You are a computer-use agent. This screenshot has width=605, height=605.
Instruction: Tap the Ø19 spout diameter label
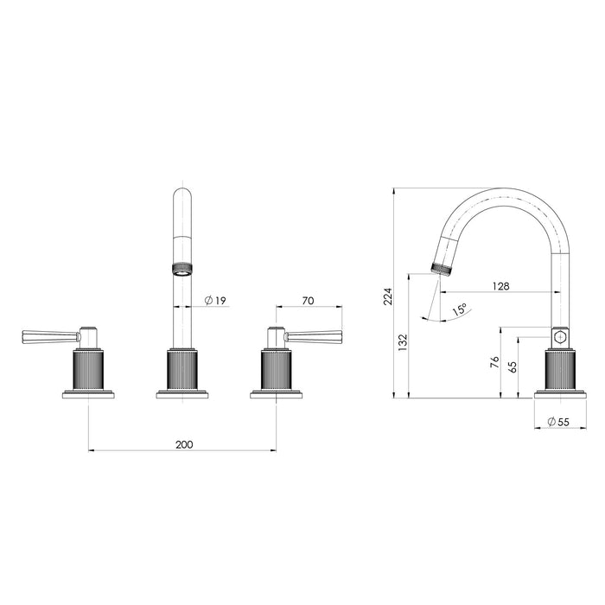pyautogui.click(x=215, y=300)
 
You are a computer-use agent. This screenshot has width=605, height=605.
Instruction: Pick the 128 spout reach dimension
pyautogui.click(x=501, y=285)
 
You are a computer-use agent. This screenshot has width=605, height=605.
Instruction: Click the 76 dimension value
pyautogui.click(x=494, y=364)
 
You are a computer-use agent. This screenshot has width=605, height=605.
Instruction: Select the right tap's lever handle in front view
pyautogui.click(x=315, y=335)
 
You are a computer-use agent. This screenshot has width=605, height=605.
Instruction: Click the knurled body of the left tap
pyautogui.click(x=89, y=370)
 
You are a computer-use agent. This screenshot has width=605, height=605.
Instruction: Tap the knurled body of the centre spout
pyautogui.click(x=182, y=370)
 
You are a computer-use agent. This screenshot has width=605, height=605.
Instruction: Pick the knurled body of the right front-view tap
pyautogui.click(x=276, y=370)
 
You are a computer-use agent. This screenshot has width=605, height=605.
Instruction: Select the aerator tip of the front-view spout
pyautogui.click(x=182, y=267)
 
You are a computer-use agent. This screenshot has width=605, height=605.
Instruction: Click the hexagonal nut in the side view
pyautogui.click(x=559, y=336)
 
